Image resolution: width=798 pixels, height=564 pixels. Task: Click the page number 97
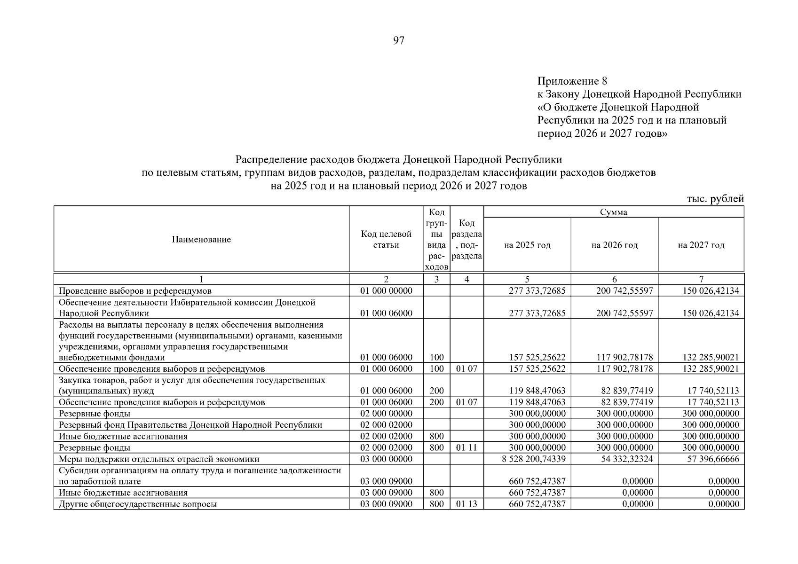tap(398, 41)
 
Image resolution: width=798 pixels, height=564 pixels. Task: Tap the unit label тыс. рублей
tap(715, 199)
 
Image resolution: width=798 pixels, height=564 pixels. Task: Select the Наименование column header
tap(201, 240)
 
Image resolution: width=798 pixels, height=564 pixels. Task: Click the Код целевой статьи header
tap(386, 239)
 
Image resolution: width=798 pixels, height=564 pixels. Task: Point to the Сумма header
tap(613, 212)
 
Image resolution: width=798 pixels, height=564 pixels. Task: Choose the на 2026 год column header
tap(614, 245)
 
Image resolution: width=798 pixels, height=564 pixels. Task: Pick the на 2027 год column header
tap(701, 245)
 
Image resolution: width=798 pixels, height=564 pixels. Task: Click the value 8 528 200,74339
tap(534, 459)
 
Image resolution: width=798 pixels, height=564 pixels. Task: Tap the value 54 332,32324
tap(624, 459)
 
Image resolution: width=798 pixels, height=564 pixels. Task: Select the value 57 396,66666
tap(713, 459)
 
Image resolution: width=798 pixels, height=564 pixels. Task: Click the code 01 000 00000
tap(386, 290)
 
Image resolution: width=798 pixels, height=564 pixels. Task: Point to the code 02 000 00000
tap(386, 414)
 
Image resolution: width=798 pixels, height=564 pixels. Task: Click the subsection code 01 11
tap(466, 447)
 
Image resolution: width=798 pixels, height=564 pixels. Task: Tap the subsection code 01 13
tap(466, 504)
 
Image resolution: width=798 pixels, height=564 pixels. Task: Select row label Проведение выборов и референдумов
tap(135, 290)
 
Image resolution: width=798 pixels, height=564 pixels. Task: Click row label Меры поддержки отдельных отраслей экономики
tap(159, 459)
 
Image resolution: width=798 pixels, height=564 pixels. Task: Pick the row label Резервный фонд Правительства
tap(190, 425)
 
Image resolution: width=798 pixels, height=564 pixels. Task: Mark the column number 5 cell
tap(527, 279)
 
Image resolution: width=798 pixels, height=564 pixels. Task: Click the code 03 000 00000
tap(386, 459)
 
